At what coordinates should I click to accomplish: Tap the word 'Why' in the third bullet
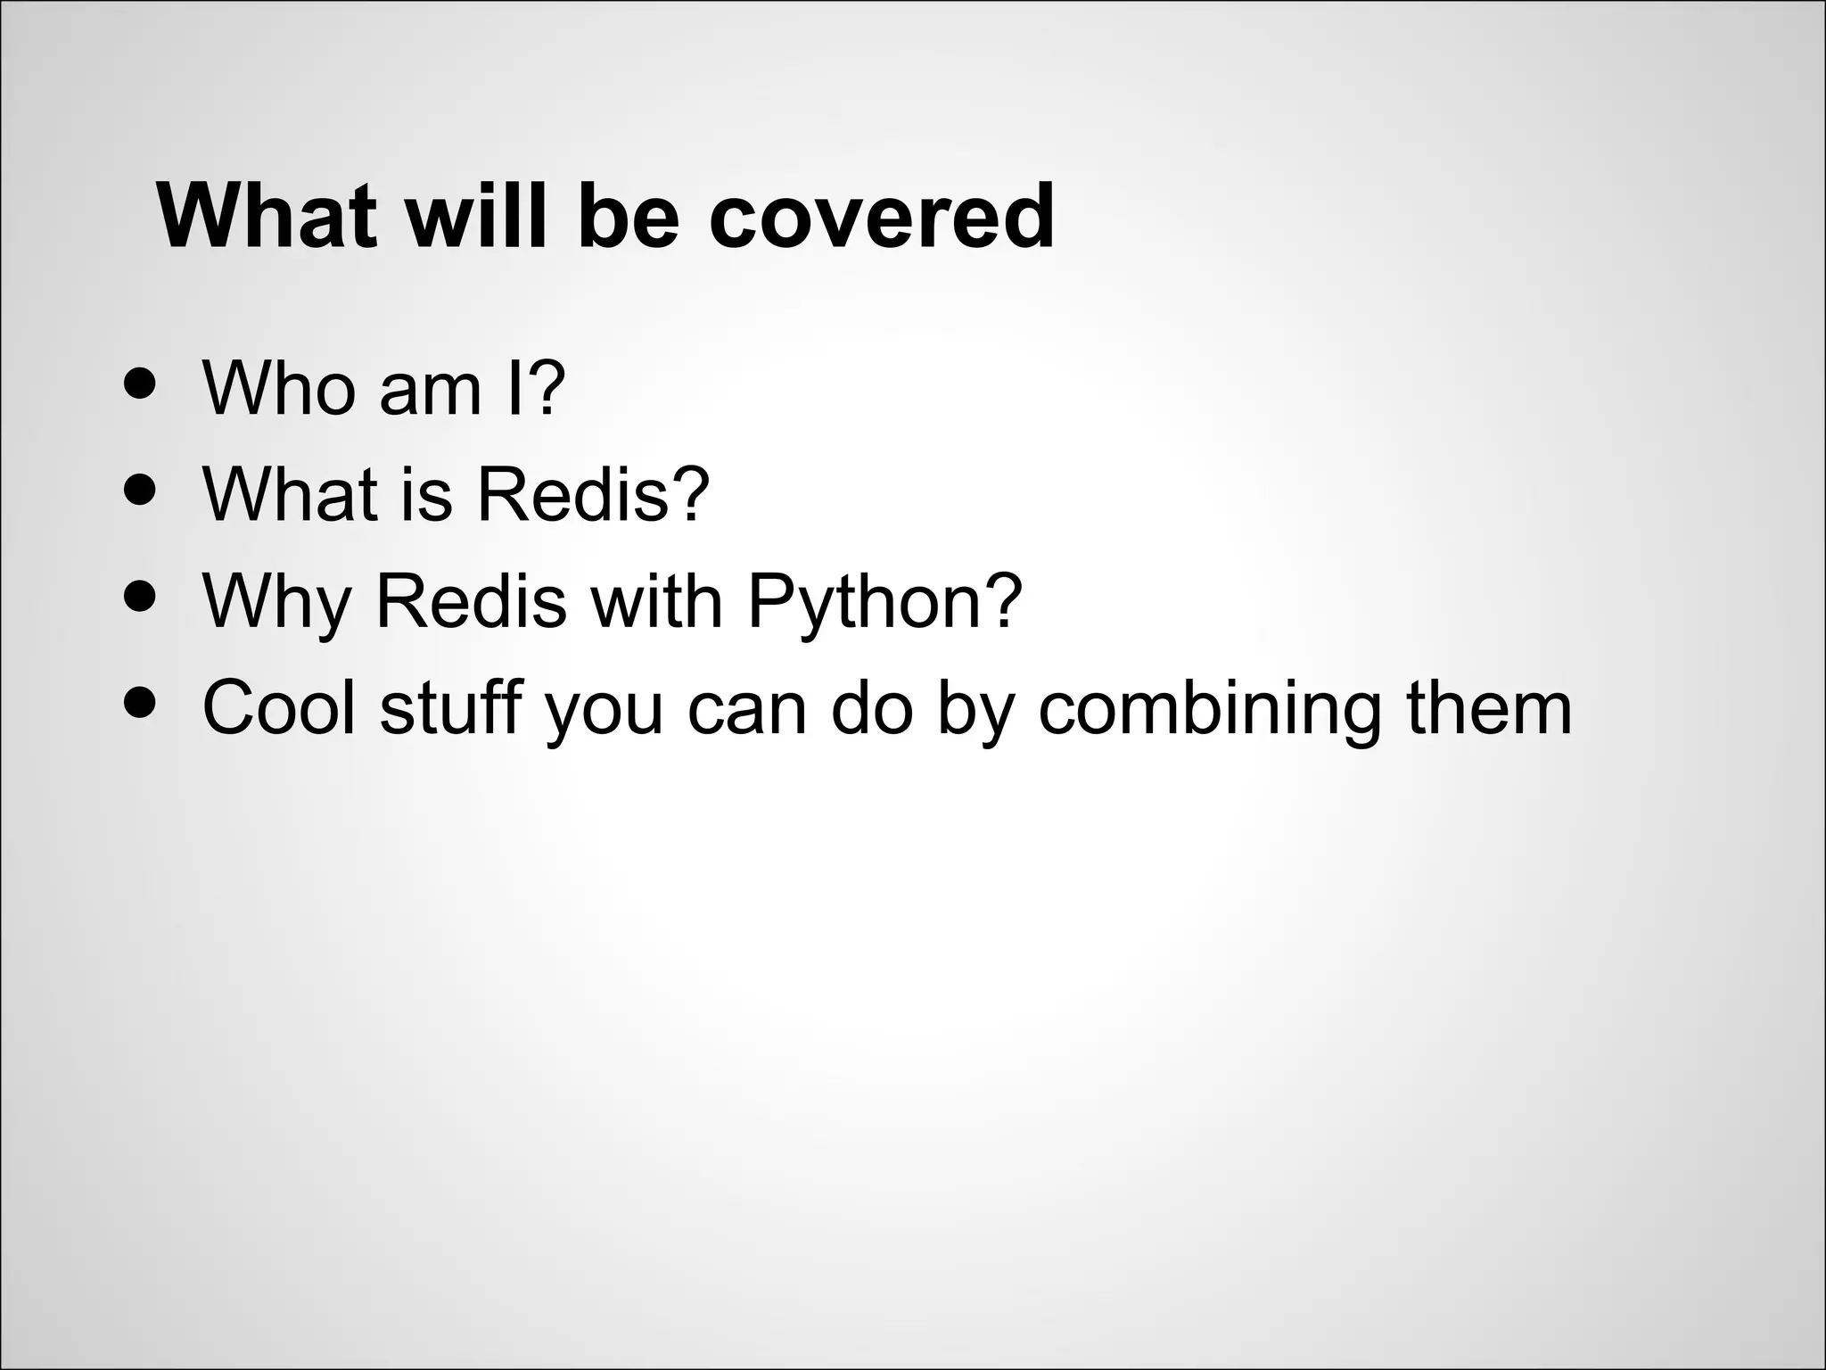(x=277, y=601)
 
